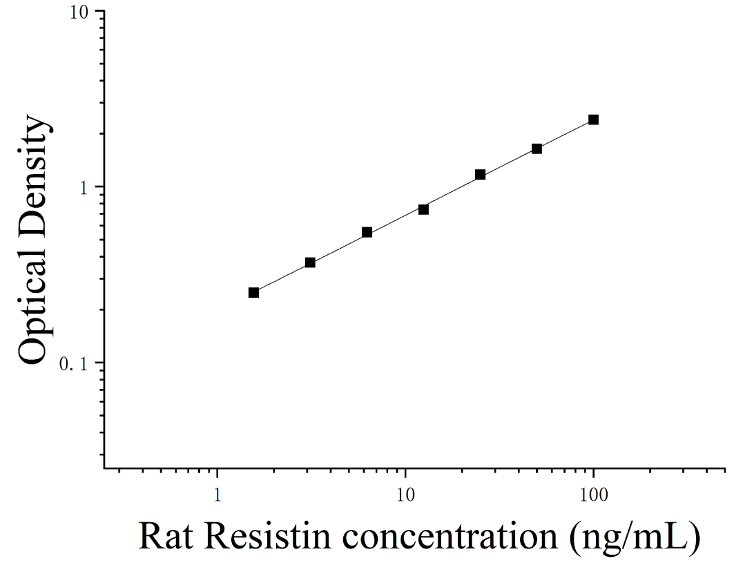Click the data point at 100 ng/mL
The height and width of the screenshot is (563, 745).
[x=593, y=120]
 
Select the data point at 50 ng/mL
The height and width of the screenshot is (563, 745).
[x=537, y=149]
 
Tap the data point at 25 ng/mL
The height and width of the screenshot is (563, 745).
[x=481, y=175]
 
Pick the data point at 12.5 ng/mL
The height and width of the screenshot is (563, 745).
[x=424, y=209]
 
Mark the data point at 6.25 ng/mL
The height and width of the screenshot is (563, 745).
[x=367, y=233]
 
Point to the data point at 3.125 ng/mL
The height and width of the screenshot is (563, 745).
[x=310, y=263]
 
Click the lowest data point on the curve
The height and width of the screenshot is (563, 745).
[x=253, y=292]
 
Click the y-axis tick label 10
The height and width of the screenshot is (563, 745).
[x=80, y=12]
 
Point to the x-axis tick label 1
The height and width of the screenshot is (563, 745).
[x=217, y=495]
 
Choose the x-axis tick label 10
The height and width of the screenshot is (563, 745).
[x=405, y=495]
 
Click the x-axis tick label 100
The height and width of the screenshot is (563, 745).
[x=593, y=495]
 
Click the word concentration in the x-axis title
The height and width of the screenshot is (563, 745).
[x=450, y=537]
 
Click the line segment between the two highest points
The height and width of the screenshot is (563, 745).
[x=565, y=134]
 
